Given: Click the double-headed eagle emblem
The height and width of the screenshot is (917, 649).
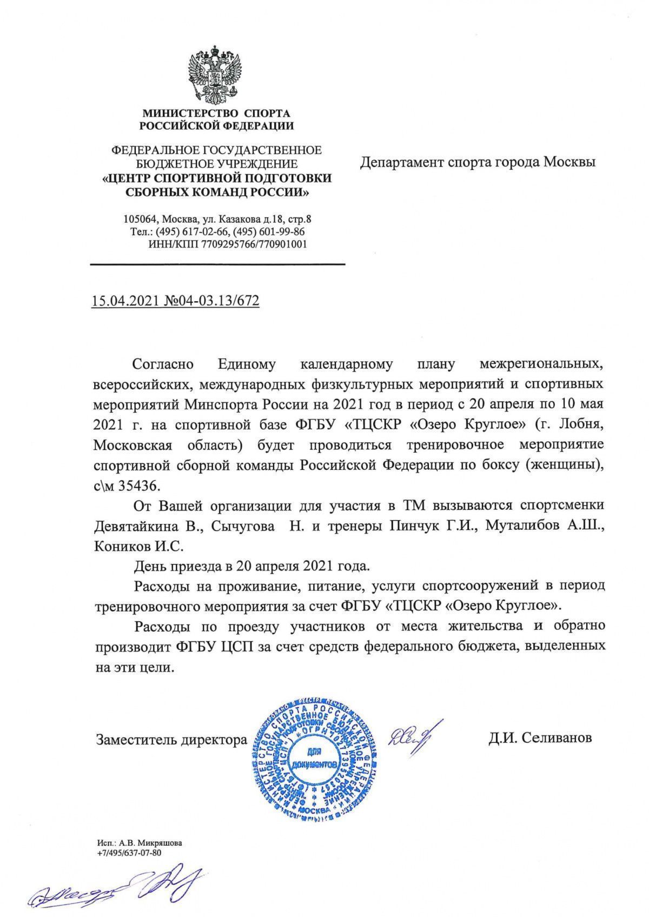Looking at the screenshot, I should click(215, 75).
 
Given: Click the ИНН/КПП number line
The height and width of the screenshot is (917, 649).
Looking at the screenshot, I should click(227, 244).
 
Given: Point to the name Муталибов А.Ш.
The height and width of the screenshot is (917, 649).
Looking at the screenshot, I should click(541, 527).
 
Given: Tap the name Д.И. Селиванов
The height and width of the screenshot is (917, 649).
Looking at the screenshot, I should click(539, 738).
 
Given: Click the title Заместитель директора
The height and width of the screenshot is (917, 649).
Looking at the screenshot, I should click(171, 739).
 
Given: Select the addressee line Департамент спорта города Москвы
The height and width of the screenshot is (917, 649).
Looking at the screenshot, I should click(478, 162).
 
